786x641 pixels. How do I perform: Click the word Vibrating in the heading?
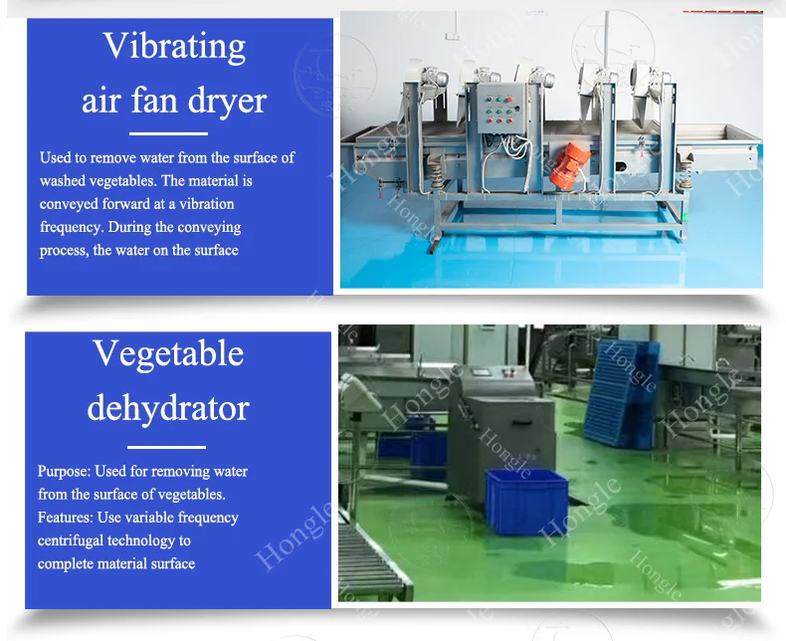[x=174, y=46]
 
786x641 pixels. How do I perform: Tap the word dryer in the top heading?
[x=227, y=102]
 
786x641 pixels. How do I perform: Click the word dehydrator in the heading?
[x=168, y=407]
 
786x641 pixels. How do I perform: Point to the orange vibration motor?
[x=569, y=166]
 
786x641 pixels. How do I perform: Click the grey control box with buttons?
[x=501, y=107]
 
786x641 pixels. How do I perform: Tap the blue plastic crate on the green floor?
[x=526, y=502]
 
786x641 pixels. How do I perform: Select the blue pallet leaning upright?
[x=621, y=394]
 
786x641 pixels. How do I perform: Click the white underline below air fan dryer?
[x=168, y=133]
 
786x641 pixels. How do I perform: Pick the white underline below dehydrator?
[x=166, y=446]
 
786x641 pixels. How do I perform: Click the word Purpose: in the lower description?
[x=64, y=472]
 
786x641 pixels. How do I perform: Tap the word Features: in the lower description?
[x=65, y=518]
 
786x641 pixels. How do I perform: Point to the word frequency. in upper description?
[x=73, y=228]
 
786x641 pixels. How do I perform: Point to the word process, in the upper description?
[x=64, y=251]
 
